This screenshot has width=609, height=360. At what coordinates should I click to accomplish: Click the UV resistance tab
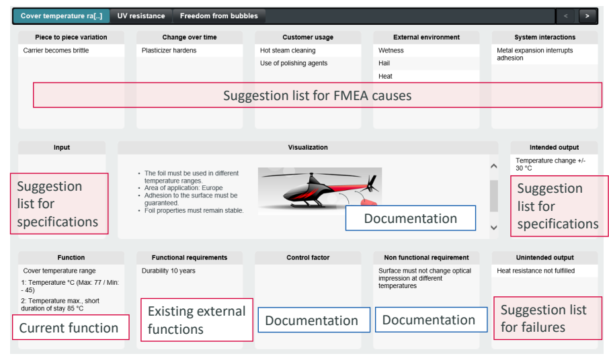(x=141, y=16)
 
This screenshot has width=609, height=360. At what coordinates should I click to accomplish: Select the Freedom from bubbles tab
(x=218, y=16)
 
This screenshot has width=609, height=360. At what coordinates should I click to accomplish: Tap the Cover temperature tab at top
(x=61, y=16)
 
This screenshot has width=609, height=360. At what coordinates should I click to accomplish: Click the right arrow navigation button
(x=587, y=16)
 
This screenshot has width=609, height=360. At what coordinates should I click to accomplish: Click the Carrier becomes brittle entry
(x=56, y=50)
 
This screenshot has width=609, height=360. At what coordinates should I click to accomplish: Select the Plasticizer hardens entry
(x=169, y=50)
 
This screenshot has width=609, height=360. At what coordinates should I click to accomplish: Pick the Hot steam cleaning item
(x=288, y=50)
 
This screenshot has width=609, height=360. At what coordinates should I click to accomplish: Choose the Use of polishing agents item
(x=294, y=63)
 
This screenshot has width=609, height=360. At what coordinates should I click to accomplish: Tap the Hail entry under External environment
(x=384, y=63)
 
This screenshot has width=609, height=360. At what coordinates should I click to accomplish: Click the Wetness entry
(x=391, y=50)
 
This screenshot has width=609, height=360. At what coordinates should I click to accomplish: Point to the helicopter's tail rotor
(x=372, y=183)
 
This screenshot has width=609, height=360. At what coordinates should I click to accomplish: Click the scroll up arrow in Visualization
(x=493, y=166)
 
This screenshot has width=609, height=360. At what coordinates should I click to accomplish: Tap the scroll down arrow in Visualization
(x=493, y=227)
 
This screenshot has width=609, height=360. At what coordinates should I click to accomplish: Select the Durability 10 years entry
(x=168, y=271)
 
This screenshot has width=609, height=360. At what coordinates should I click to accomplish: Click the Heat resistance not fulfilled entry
(x=536, y=271)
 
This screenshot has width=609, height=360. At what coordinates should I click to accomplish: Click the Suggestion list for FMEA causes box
(x=317, y=95)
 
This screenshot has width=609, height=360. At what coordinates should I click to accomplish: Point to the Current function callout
(x=71, y=327)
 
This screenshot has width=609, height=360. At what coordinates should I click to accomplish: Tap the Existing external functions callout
(x=196, y=320)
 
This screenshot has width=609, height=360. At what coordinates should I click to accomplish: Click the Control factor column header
(x=308, y=258)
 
